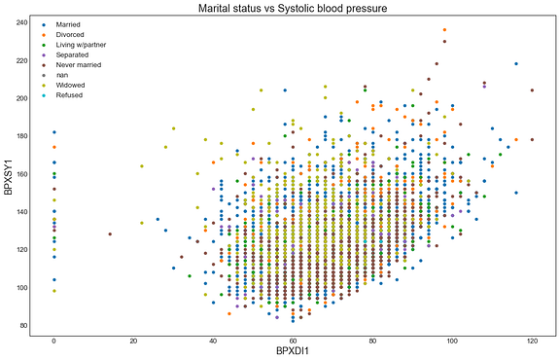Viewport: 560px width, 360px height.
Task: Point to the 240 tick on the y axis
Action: [x=20, y=21]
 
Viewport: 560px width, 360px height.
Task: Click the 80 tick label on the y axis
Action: [x=22, y=326]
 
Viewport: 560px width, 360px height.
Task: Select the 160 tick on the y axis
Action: [x=20, y=174]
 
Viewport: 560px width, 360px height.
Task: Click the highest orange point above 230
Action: [x=444, y=30]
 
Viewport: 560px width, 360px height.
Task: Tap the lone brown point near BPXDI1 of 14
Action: [x=110, y=234]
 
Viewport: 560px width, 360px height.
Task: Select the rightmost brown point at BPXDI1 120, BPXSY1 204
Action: [x=532, y=90]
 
